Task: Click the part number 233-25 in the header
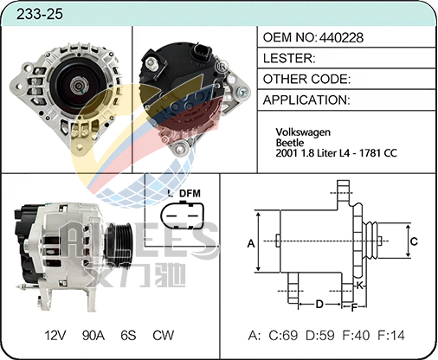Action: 40,14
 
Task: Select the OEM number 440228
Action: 341,38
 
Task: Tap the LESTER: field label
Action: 289,59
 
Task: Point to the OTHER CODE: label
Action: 306,80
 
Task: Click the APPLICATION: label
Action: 306,100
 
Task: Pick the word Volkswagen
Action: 303,132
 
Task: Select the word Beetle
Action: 290,143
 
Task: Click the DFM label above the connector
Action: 190,193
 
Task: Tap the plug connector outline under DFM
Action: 183,215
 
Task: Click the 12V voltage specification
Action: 55,336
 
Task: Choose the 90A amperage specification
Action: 93,336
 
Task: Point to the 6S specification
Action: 128,336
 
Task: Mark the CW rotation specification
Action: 164,336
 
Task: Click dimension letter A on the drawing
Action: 251,244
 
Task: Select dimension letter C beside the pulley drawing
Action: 414,241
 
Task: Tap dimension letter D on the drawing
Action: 319,305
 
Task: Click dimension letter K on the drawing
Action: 359,286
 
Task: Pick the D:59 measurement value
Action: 320,336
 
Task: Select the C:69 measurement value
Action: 283,336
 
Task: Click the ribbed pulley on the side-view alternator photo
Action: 119,244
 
